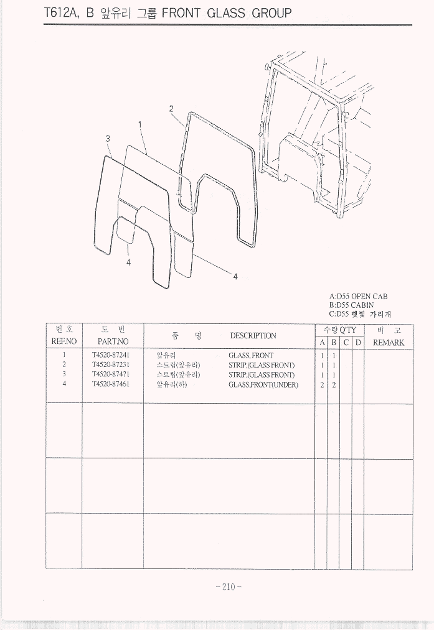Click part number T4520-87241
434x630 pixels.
[111, 355]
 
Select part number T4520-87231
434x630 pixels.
[111, 365]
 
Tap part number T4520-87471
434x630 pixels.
[111, 374]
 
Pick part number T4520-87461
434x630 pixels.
[111, 384]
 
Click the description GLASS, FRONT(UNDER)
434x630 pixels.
[263, 385]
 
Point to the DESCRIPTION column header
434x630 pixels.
[253, 335]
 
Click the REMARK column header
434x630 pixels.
[389, 343]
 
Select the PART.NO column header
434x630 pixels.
[113, 341]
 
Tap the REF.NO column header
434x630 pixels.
[64, 341]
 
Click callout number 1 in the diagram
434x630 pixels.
[140, 124]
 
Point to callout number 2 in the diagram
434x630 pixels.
[171, 108]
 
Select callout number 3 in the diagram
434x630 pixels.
[107, 139]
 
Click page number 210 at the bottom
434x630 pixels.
[228, 587]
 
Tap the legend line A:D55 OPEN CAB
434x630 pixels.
[359, 297]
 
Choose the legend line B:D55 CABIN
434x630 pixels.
[351, 305]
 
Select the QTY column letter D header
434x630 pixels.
[358, 343]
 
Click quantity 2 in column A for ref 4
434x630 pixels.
[322, 385]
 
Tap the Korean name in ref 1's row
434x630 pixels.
[166, 356]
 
